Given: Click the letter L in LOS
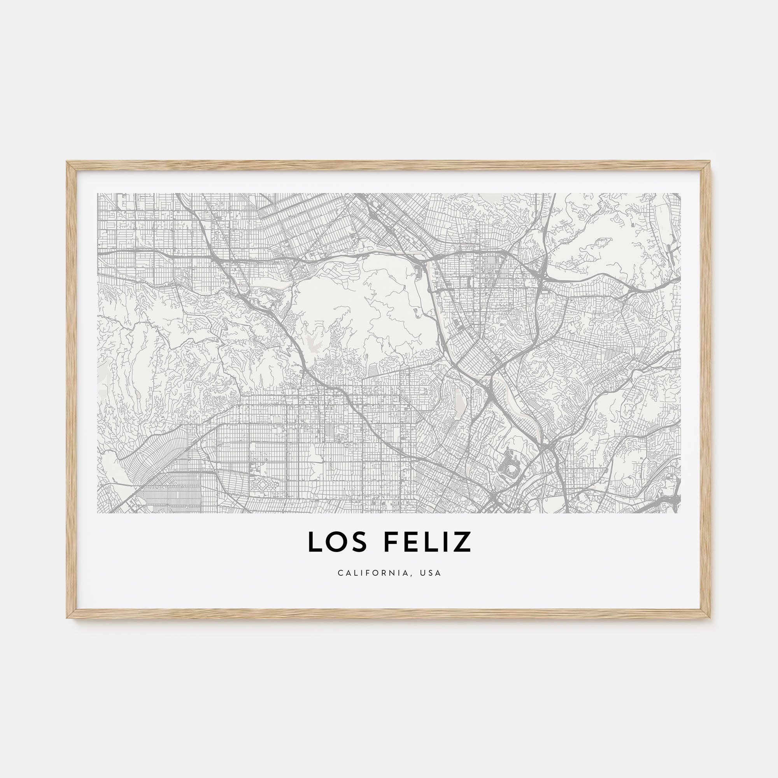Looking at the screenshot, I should (x=317, y=542).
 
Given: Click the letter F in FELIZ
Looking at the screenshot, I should (x=392, y=542).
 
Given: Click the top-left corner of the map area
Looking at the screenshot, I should (x=98, y=194).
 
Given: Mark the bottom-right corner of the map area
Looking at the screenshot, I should (x=680, y=513).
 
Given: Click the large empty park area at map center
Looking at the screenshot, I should (x=363, y=298).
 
